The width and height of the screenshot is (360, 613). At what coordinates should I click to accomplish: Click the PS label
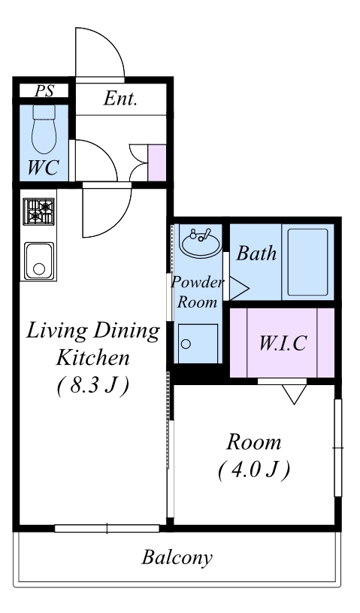pyautogui.click(x=44, y=91)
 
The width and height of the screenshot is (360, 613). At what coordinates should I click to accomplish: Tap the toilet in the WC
pyautogui.click(x=44, y=129)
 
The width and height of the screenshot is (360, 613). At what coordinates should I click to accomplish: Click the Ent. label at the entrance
pyautogui.click(x=121, y=99)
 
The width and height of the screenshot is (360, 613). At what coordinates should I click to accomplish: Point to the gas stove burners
pyautogui.click(x=38, y=211)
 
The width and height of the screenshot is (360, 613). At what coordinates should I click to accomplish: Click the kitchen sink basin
pyautogui.click(x=39, y=261)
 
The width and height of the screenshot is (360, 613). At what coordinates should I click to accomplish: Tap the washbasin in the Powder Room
pyautogui.click(x=201, y=243)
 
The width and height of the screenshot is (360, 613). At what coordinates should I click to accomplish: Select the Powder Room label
pyautogui.click(x=197, y=292)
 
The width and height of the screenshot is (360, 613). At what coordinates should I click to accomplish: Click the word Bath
pyautogui.click(x=256, y=253)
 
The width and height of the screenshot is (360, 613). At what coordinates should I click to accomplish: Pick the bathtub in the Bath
pyautogui.click(x=307, y=262)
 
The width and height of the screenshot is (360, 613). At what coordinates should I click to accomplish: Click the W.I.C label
pyautogui.click(x=283, y=343)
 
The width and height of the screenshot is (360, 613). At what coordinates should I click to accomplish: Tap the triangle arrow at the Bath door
pyautogui.click(x=239, y=289)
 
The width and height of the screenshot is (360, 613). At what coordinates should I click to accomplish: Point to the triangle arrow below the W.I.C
pyautogui.click(x=294, y=394)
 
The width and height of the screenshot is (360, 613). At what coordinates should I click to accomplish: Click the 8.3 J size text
pyautogui.click(x=93, y=386)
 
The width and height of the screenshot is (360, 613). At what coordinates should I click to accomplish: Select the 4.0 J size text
pyautogui.click(x=254, y=469)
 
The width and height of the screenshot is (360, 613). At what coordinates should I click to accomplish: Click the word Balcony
pyautogui.click(x=177, y=557)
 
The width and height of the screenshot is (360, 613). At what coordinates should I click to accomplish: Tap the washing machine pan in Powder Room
pyautogui.click(x=198, y=343)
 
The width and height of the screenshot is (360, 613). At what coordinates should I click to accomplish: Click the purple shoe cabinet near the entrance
pyautogui.click(x=157, y=162)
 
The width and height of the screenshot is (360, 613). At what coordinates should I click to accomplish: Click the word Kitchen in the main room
pyautogui.click(x=93, y=358)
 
